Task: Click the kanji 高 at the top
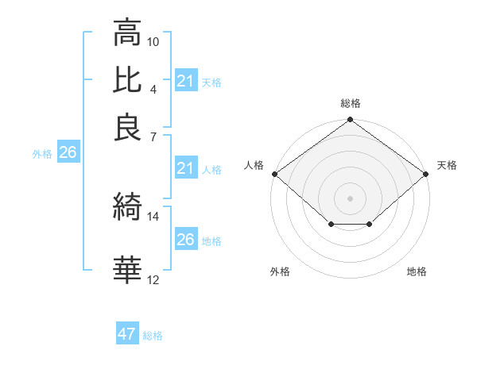pyautogui.click(x=127, y=33)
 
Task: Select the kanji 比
pyautogui.click(x=127, y=80)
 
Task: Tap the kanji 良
pyautogui.click(x=127, y=127)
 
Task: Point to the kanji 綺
pyautogui.click(x=127, y=207)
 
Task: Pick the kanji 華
pyautogui.click(x=127, y=270)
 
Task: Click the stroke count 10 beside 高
pyautogui.click(x=153, y=41)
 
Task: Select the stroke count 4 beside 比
pyautogui.click(x=153, y=88)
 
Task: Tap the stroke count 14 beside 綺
pyautogui.click(x=153, y=216)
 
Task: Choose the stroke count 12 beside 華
pyautogui.click(x=153, y=279)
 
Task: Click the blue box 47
pyautogui.click(x=127, y=334)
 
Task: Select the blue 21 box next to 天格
pyautogui.click(x=185, y=81)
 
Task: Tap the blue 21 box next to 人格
pyautogui.click(x=185, y=167)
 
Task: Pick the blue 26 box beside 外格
pyautogui.click(x=68, y=152)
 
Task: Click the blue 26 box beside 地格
pyautogui.click(x=185, y=240)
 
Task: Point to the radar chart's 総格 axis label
pyautogui.click(x=351, y=103)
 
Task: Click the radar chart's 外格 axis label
pyautogui.click(x=280, y=272)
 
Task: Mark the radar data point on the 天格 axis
pyautogui.click(x=427, y=174)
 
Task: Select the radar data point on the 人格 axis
pyautogui.click(x=274, y=174)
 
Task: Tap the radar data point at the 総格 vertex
pyautogui.click(x=351, y=121)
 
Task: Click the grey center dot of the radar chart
pyautogui.click(x=351, y=198)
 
